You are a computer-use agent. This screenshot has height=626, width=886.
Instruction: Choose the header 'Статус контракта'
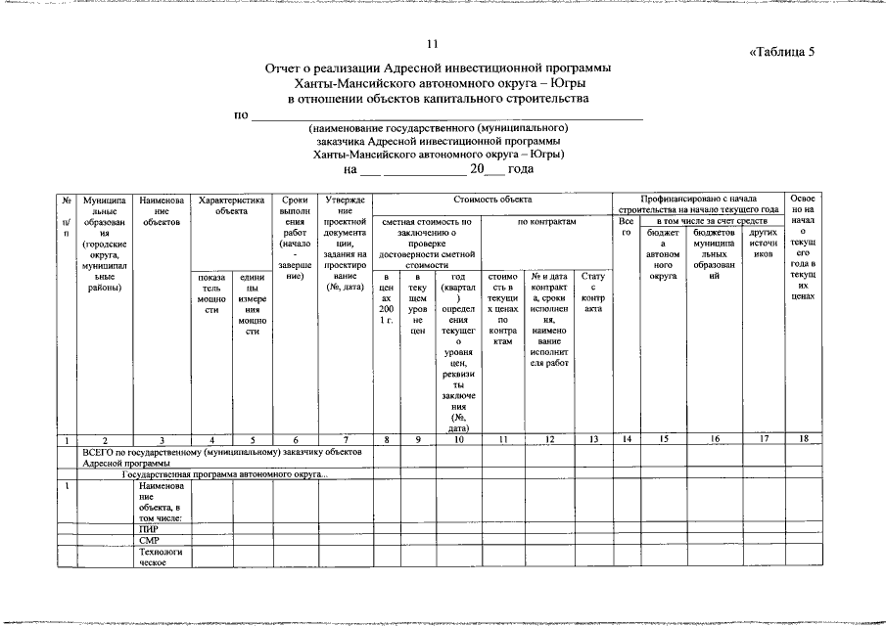click(592, 292)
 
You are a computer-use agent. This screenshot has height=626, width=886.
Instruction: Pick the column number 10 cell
click(456, 439)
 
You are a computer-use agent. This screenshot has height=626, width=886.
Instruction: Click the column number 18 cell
click(804, 439)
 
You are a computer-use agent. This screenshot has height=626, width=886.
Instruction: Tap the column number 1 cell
click(66, 439)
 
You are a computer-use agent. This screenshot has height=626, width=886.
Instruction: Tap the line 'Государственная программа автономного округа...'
click(225, 474)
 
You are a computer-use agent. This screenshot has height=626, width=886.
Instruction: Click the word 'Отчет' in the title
click(284, 68)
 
